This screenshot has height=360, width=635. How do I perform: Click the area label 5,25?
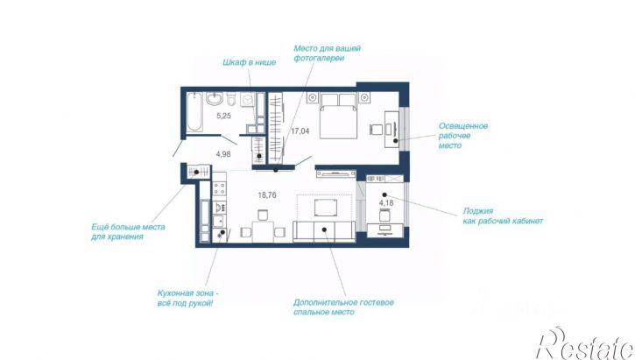[223, 116]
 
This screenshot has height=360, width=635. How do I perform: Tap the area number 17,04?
[300, 131]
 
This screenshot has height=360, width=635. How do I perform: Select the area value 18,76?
[267, 195]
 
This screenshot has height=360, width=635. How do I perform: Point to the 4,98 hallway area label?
[223, 154]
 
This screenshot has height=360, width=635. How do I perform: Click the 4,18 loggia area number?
[386, 203]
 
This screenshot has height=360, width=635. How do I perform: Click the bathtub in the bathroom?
[194, 112]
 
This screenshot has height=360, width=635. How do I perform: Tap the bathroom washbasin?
[214, 98]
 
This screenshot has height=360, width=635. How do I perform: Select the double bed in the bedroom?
[339, 116]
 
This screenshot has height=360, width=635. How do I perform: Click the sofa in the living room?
[324, 231]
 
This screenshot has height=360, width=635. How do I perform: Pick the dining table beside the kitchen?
[263, 231]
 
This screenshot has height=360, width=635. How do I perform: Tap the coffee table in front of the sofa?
[326, 208]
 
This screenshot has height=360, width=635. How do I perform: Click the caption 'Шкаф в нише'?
[249, 62]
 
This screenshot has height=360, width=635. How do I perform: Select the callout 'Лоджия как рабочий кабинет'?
[503, 215]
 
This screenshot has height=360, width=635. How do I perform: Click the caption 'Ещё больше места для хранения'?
[128, 231]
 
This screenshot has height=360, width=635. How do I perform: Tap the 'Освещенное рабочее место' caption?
[463, 136]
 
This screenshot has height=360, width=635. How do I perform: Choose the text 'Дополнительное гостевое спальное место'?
[343, 307]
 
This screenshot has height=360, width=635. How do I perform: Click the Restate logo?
[586, 343]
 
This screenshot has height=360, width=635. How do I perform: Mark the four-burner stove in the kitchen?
[220, 188]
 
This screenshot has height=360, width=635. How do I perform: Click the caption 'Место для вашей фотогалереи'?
[327, 53]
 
